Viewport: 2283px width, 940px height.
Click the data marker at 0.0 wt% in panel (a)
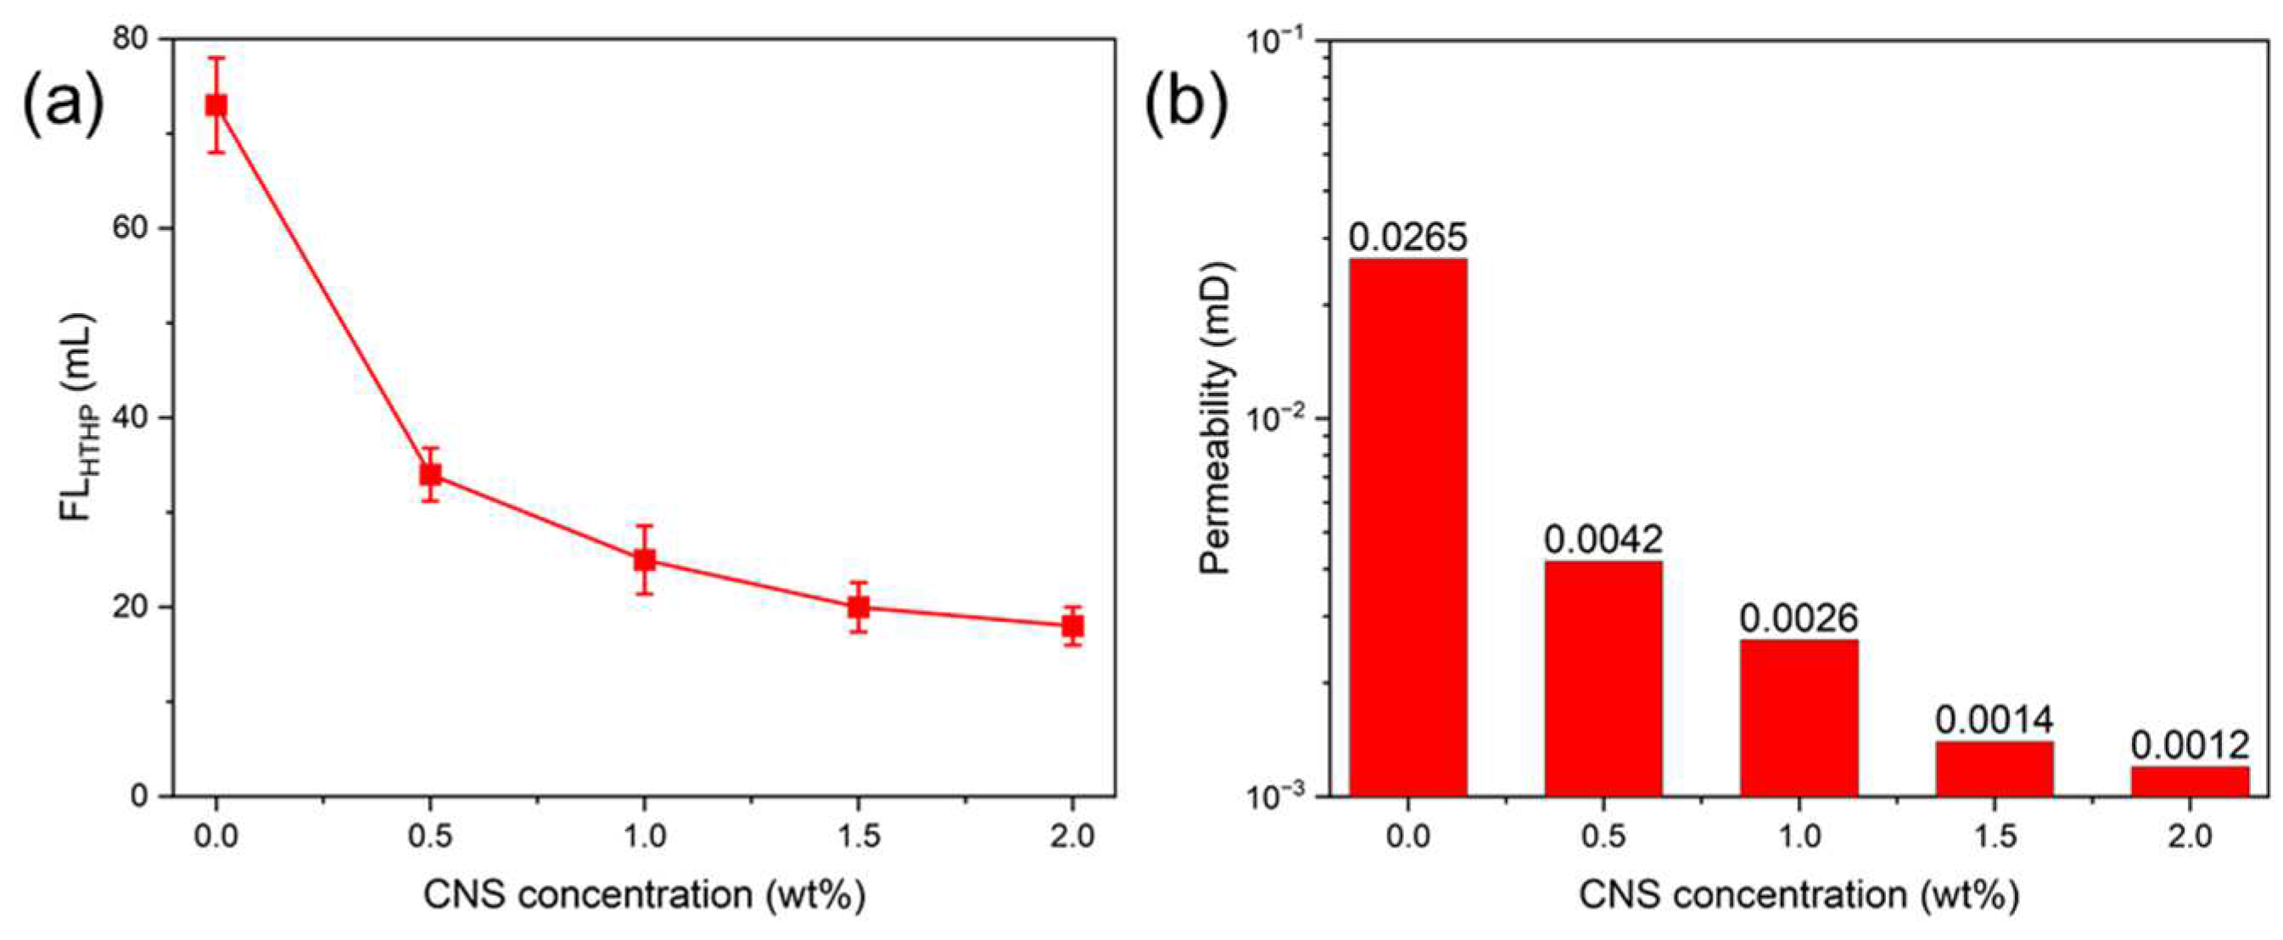216,105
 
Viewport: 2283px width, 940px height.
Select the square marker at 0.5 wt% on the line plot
430,475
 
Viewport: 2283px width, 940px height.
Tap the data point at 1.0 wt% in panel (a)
644,560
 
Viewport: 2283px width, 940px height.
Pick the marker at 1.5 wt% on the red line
858,607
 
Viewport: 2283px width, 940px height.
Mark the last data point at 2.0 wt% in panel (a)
1072,626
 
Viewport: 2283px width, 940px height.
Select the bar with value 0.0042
1603,678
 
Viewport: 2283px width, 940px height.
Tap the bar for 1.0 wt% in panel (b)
1799,718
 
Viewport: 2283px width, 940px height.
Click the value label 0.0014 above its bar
1994,720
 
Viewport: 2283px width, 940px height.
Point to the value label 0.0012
2190,746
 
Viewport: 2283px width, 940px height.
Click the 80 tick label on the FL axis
132,39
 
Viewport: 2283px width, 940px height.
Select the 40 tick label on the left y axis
132,417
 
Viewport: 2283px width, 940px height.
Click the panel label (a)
63,105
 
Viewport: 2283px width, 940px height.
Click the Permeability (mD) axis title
1217,417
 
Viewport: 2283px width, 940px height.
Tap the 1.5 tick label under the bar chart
1994,836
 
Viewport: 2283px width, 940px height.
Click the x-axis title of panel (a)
644,896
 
